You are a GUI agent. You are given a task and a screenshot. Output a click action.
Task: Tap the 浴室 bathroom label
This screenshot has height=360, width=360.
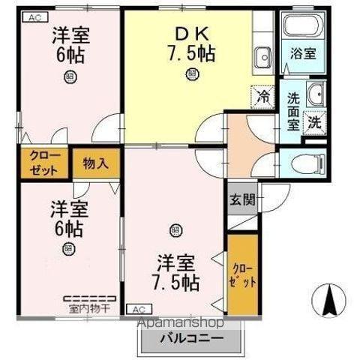tap(302, 54)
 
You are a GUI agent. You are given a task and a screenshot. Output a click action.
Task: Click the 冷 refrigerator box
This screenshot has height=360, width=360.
tap(263, 96)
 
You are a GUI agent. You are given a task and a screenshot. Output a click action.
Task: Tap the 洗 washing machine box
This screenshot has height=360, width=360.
tap(316, 121)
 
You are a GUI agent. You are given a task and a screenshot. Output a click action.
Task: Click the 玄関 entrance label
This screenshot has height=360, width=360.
tap(241, 199)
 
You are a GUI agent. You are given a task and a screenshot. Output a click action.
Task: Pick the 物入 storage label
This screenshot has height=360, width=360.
tap(96, 163)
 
